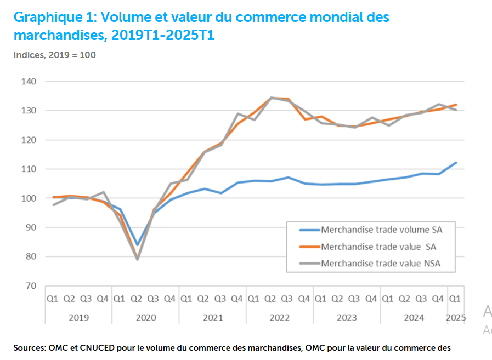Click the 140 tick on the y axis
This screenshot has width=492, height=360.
[29, 82]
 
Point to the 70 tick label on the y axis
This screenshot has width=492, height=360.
[31, 285]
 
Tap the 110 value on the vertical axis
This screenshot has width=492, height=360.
[29, 169]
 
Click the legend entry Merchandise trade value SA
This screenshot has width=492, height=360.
[378, 247]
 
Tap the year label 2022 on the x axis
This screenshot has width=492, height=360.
[279, 317]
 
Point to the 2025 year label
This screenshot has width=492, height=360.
[455, 317]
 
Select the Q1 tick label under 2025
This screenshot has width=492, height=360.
[455, 299]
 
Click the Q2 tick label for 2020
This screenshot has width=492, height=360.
[137, 299]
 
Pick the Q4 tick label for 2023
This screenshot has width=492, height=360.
[371, 299]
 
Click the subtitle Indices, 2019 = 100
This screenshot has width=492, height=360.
[55, 55]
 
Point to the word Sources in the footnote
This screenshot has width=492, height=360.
[29, 347]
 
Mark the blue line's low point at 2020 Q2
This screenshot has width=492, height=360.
[137, 245]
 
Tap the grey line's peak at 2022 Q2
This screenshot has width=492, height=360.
[271, 98]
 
